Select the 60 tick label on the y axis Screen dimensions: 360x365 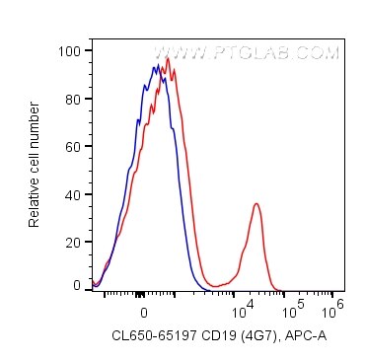click(74, 146)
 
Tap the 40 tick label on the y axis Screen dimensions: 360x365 click(74, 194)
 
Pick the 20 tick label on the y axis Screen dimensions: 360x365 click(74, 242)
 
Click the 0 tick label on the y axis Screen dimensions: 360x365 click(78, 285)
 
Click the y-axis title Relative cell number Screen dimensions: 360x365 click(35, 163)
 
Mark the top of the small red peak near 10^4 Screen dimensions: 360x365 click(256, 204)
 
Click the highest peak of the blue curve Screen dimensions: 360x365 click(158, 64)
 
